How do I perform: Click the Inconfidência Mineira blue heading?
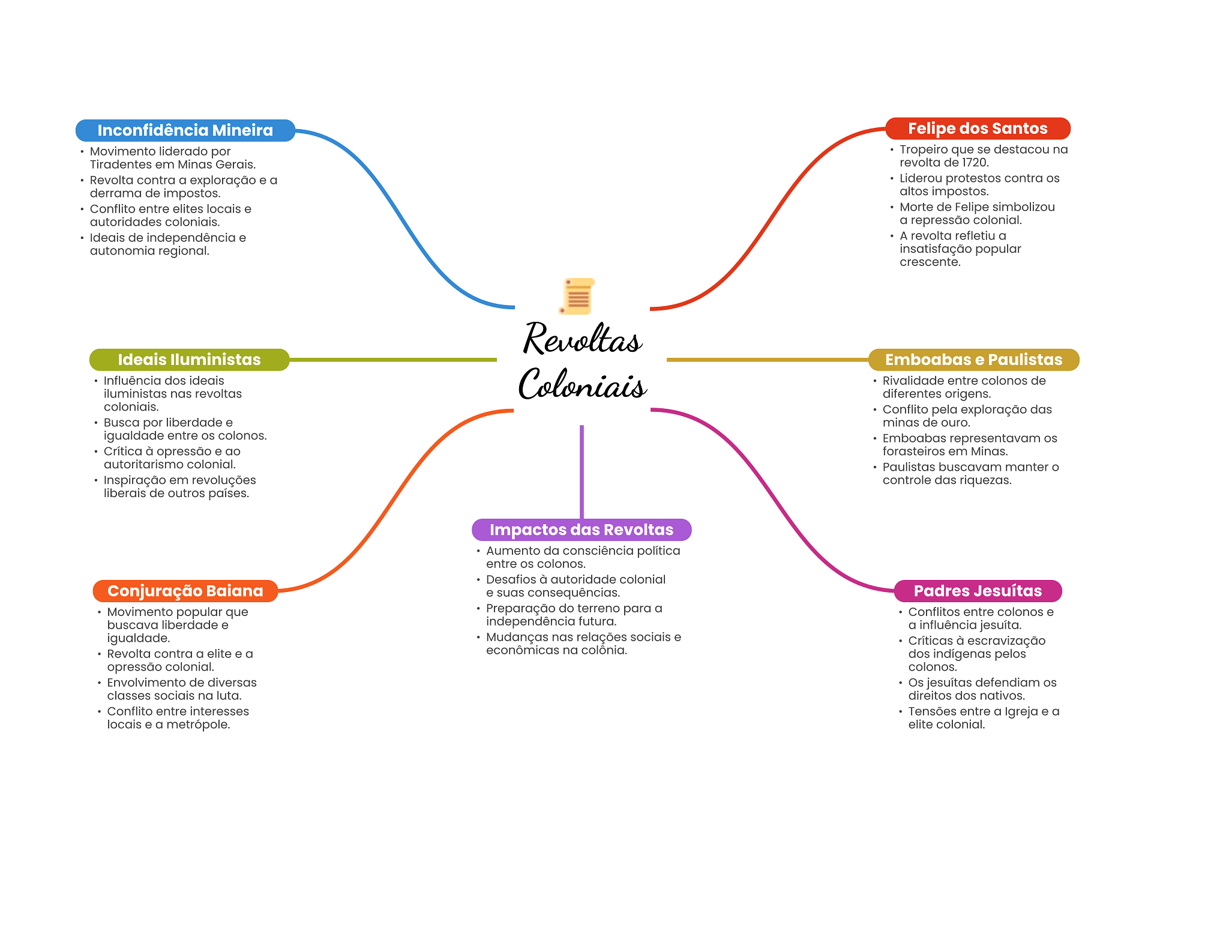185,130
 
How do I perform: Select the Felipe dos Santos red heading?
977,128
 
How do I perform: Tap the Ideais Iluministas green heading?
189,360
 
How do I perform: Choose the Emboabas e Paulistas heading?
973,360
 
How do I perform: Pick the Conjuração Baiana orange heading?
185,591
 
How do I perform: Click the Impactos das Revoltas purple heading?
581,530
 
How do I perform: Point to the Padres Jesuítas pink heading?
977,591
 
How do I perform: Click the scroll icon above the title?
577,296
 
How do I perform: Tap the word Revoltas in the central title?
582,339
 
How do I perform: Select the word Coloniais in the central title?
582,384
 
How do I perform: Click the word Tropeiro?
922,149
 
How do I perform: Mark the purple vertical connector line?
581,471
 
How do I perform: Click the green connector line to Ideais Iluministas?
393,360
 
